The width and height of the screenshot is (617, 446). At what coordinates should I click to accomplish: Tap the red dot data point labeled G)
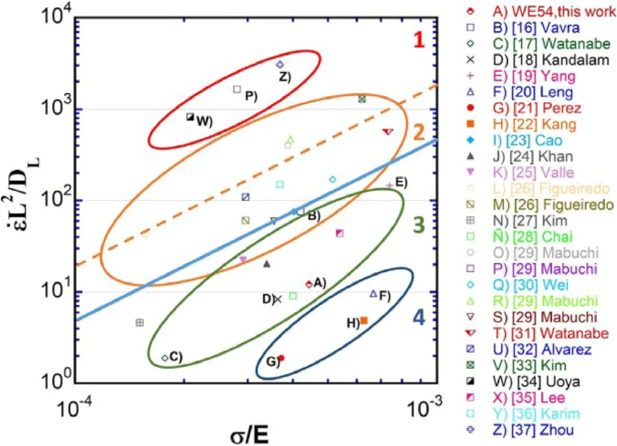pos(281,357)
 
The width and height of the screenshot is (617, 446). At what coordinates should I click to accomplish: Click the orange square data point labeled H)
pos(364,320)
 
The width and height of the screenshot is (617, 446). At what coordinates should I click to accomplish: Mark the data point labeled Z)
pos(280,65)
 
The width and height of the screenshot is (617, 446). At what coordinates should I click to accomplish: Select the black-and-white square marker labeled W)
pos(190,117)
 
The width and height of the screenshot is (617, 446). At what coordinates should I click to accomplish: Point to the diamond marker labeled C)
pos(165,358)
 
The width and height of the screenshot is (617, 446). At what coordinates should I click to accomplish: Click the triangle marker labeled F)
pos(374,294)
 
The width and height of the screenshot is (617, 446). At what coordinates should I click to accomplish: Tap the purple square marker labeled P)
pos(237,89)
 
